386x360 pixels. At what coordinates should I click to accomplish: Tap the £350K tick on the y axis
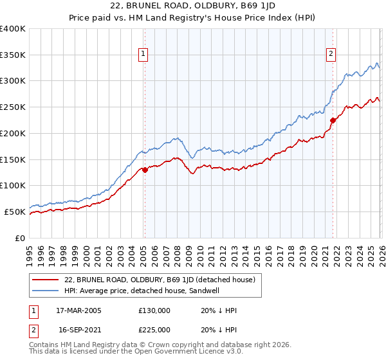tap(13, 55)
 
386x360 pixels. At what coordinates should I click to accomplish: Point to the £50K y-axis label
tap(15, 212)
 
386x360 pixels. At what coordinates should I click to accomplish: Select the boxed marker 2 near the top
tap(331, 55)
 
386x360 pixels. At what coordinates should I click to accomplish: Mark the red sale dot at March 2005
tap(145, 170)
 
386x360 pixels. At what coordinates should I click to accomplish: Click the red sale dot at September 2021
tap(333, 120)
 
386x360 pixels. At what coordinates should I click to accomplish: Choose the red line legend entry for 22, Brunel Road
tap(160, 280)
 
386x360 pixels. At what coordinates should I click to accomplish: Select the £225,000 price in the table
tap(154, 328)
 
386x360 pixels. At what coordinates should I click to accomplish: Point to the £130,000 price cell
tap(154, 310)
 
